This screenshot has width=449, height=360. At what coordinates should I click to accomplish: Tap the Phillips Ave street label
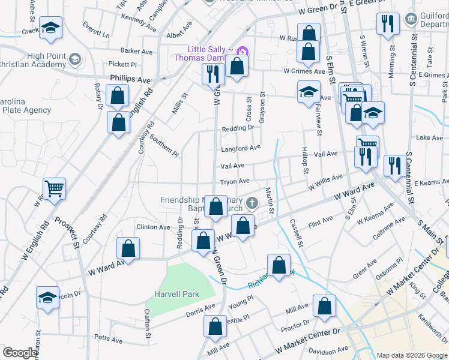(x=130, y=79)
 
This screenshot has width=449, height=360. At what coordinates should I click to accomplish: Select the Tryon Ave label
(x=235, y=181)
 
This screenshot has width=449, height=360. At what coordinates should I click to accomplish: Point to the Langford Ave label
(x=241, y=147)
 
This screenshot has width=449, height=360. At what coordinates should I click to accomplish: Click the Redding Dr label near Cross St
(x=234, y=128)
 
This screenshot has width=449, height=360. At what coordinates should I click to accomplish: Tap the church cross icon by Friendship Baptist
(x=252, y=203)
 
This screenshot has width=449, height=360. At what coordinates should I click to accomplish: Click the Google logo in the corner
(x=20, y=353)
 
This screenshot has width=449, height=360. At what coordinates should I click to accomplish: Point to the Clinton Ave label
(x=153, y=227)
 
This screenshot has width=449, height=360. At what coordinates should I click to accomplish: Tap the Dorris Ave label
(x=200, y=310)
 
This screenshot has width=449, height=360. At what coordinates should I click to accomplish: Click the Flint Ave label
(x=320, y=223)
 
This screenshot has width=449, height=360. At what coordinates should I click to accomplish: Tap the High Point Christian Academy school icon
(x=75, y=59)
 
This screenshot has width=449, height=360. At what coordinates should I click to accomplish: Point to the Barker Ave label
(x=136, y=52)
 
